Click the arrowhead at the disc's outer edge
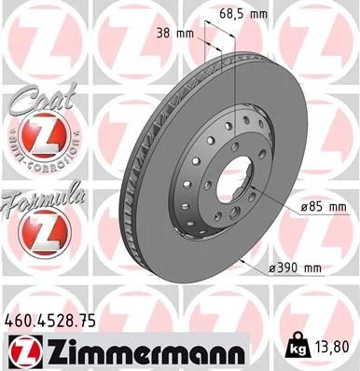244,265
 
